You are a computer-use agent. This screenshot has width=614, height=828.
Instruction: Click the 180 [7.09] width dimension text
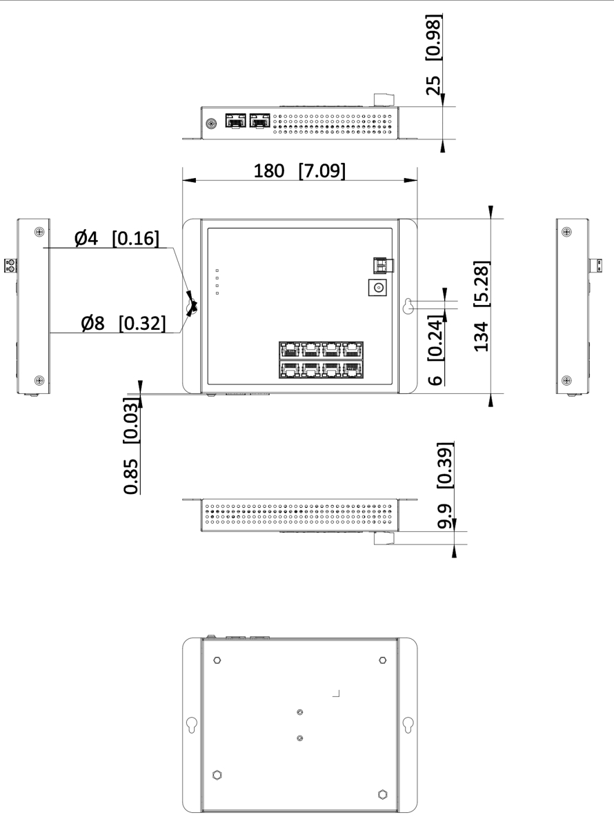tap(299, 171)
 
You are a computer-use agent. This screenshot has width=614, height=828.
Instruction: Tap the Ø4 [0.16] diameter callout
tap(117, 238)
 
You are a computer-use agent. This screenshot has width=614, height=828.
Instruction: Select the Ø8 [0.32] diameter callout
tap(123, 324)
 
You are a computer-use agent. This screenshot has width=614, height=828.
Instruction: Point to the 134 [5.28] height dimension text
tap(481, 306)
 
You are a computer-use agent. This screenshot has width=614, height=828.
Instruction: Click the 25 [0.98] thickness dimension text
tap(433, 55)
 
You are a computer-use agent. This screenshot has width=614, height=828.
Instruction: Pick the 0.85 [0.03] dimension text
tap(131, 446)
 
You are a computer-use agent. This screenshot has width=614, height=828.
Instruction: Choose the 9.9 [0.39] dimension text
tap(445, 485)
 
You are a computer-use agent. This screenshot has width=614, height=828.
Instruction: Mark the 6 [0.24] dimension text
tap(435, 350)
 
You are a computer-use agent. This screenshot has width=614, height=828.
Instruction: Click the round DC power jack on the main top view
tap(377, 288)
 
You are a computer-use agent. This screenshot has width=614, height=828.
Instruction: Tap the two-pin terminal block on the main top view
tap(384, 265)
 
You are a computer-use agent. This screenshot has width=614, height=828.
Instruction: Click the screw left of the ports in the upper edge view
tap(211, 124)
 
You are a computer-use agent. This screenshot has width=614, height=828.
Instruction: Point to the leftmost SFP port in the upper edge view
tap(235, 121)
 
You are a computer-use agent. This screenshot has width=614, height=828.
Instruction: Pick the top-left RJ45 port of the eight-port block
tap(290, 351)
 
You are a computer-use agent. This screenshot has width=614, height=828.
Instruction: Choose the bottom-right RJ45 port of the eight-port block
tap(353, 369)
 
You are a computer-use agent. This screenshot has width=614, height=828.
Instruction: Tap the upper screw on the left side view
tap(39, 232)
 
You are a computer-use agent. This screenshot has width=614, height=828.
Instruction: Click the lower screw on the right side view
tap(566, 380)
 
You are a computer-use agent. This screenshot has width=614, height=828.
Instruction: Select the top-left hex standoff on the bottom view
tap(217, 660)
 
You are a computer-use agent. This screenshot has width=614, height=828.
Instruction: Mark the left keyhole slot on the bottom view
tap(192, 725)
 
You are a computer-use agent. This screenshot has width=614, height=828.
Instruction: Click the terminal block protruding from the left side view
tap(11, 266)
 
